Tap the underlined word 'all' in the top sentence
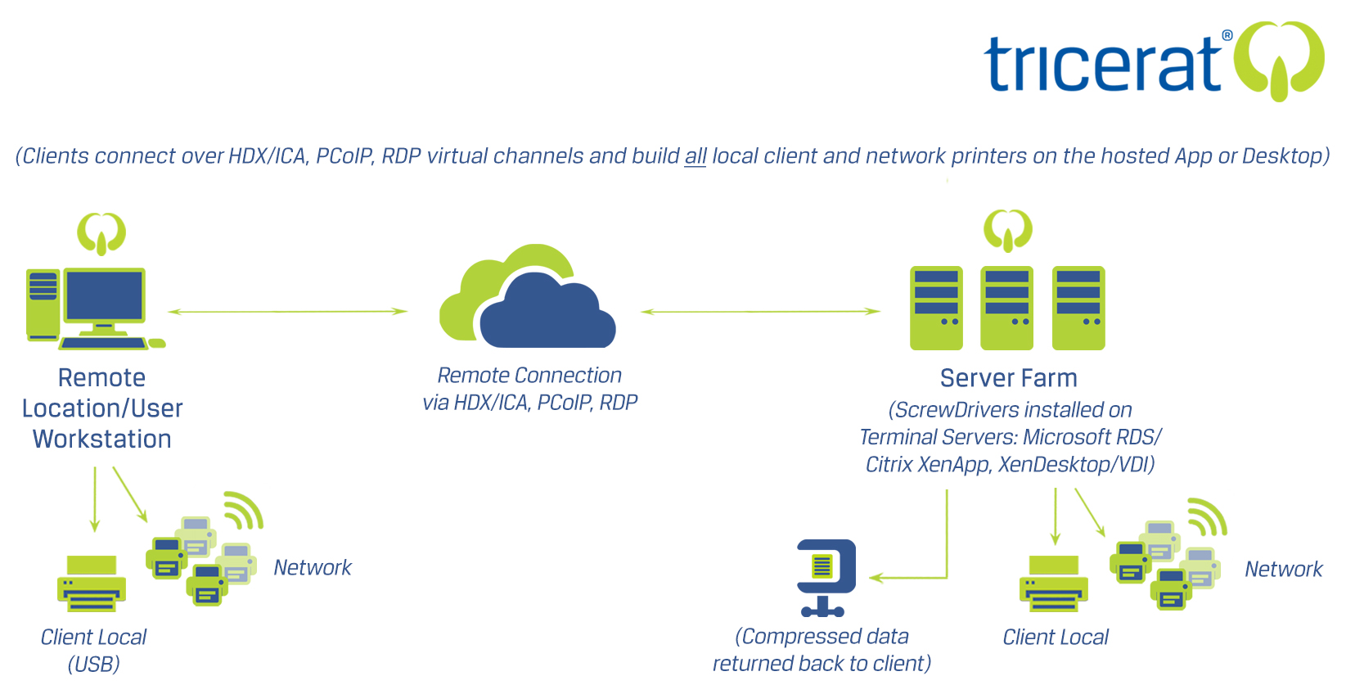696,156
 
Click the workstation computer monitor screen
105,295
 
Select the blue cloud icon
547,315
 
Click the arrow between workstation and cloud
287,312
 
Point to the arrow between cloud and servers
760,312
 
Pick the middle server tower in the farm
1007,308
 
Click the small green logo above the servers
1008,230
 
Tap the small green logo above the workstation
101,233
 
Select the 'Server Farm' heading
1008,378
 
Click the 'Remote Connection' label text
529,376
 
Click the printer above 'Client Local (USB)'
92,584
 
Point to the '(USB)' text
94,665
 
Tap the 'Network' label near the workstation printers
313,568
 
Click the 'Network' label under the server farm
1283,570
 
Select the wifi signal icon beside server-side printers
1209,516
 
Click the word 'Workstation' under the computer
102,439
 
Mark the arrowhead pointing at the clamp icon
875,578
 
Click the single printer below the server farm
1054,584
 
